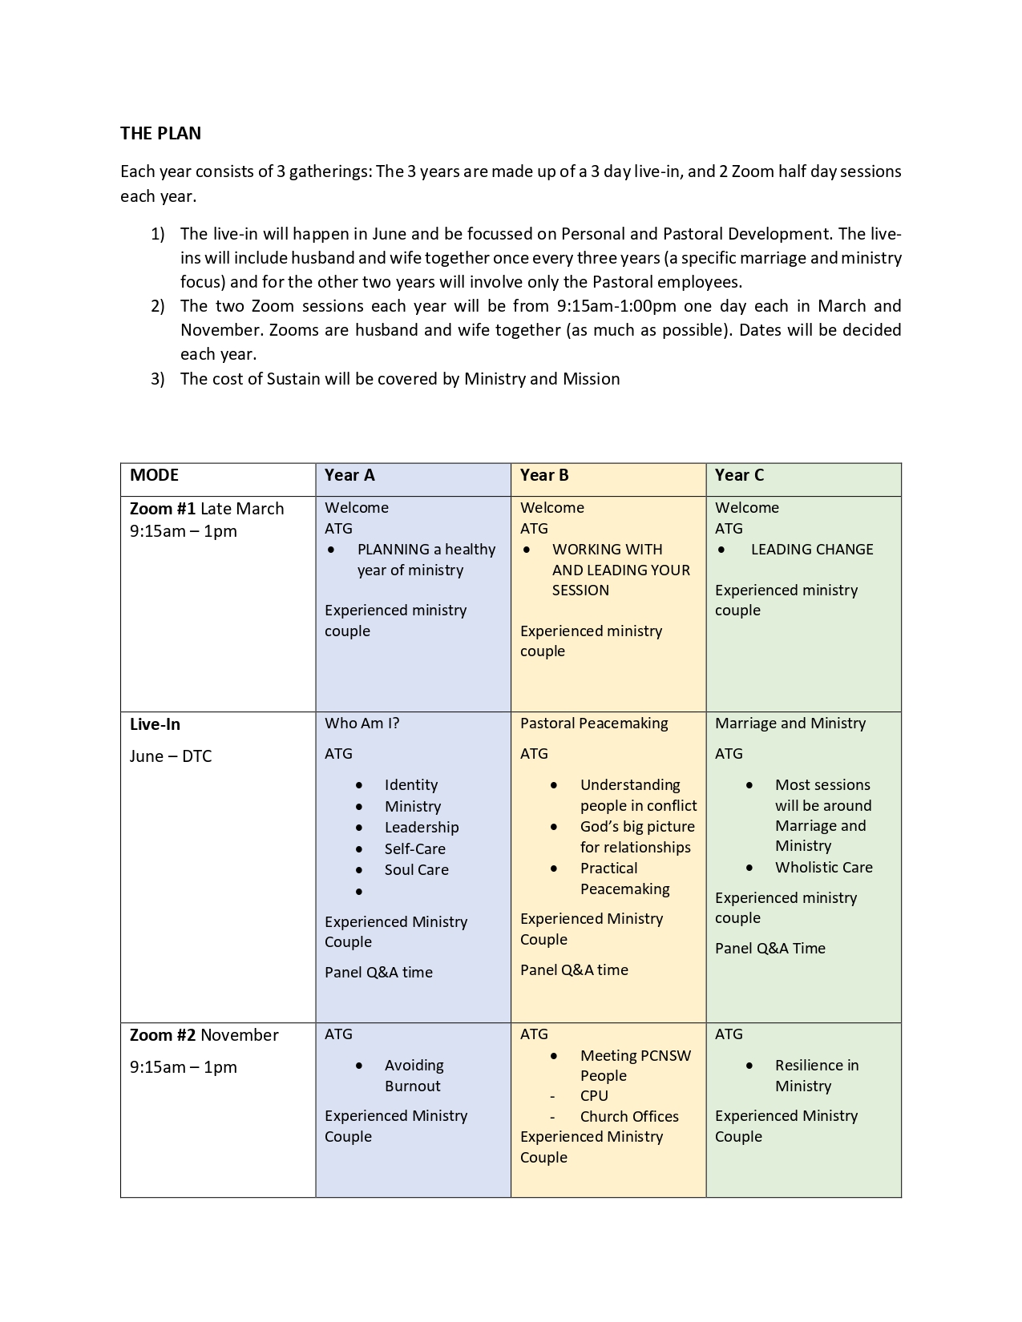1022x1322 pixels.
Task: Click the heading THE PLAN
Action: click(160, 133)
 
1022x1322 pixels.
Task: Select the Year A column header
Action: click(349, 475)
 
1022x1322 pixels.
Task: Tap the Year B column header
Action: click(544, 475)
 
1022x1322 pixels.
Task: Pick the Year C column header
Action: click(739, 475)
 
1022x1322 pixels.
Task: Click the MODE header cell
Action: click(154, 475)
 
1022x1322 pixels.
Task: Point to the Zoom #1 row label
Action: click(164, 509)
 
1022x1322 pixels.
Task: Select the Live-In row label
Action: click(155, 724)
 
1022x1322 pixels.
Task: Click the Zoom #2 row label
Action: click(163, 1035)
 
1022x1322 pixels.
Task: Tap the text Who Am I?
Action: click(362, 723)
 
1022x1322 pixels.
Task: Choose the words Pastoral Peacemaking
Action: click(594, 723)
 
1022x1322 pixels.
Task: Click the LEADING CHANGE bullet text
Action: click(812, 550)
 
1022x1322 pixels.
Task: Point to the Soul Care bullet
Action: click(416, 870)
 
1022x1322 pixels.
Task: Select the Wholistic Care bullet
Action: click(823, 868)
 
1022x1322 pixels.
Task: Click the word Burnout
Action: click(412, 1086)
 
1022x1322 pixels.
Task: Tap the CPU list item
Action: click(594, 1096)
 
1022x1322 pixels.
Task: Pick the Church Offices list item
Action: click(629, 1117)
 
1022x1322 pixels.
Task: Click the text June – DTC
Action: click(171, 756)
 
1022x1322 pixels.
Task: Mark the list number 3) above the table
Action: click(158, 379)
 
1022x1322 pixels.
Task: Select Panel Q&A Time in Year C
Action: click(770, 949)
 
